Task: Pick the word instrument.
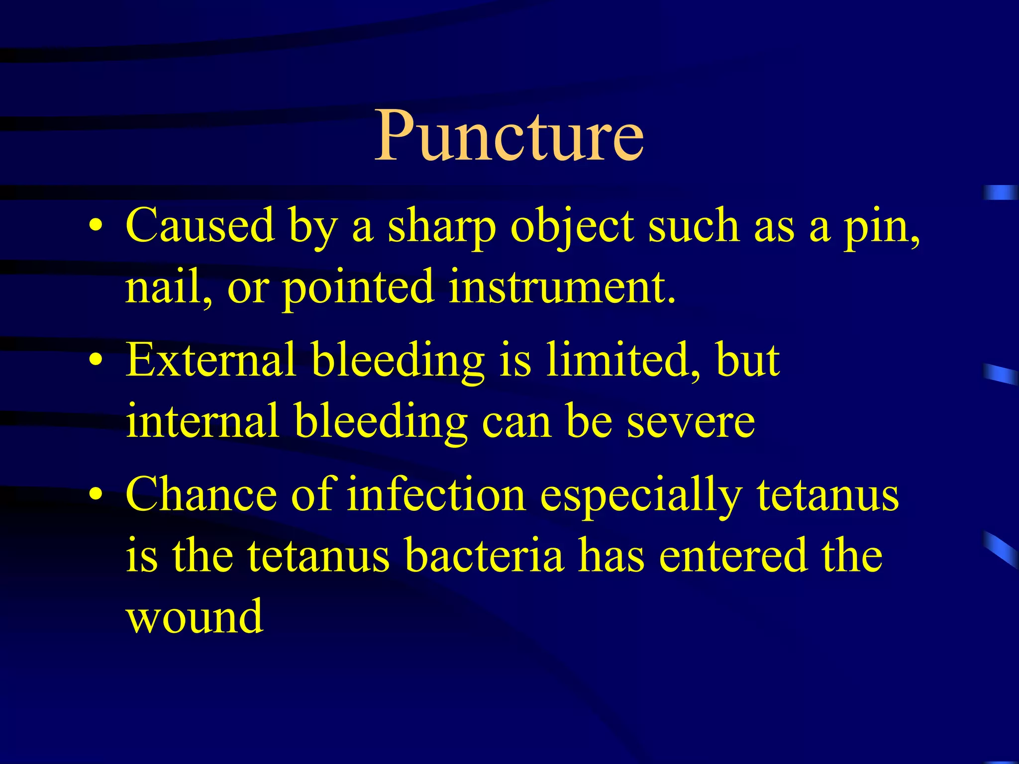[562, 287]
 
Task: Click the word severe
[691, 422]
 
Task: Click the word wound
[195, 616]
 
